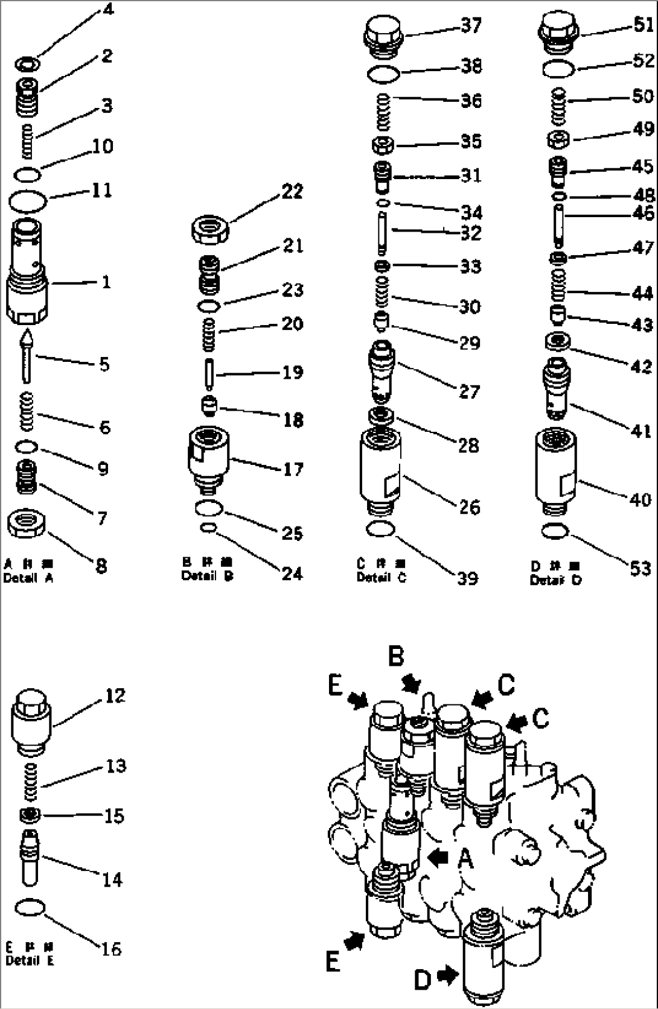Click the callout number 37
471,26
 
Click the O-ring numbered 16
28,906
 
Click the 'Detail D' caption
555,580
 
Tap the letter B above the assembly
396,656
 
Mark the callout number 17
293,469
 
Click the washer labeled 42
557,342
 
